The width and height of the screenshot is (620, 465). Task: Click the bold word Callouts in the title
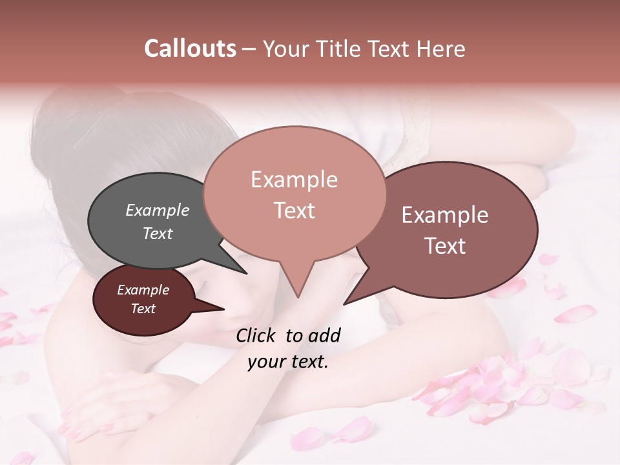point(190,48)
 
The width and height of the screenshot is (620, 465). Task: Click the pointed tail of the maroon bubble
point(223,309)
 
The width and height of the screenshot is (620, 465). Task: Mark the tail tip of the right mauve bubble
point(345,304)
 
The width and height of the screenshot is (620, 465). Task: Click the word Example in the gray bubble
point(157,210)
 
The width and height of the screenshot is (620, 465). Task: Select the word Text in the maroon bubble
point(143,309)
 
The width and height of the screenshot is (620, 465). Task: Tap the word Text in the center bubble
point(294,210)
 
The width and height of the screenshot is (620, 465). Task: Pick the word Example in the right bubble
point(445,215)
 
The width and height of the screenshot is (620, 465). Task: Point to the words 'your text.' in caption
point(288,362)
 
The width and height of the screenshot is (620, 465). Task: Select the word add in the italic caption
point(324,335)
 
